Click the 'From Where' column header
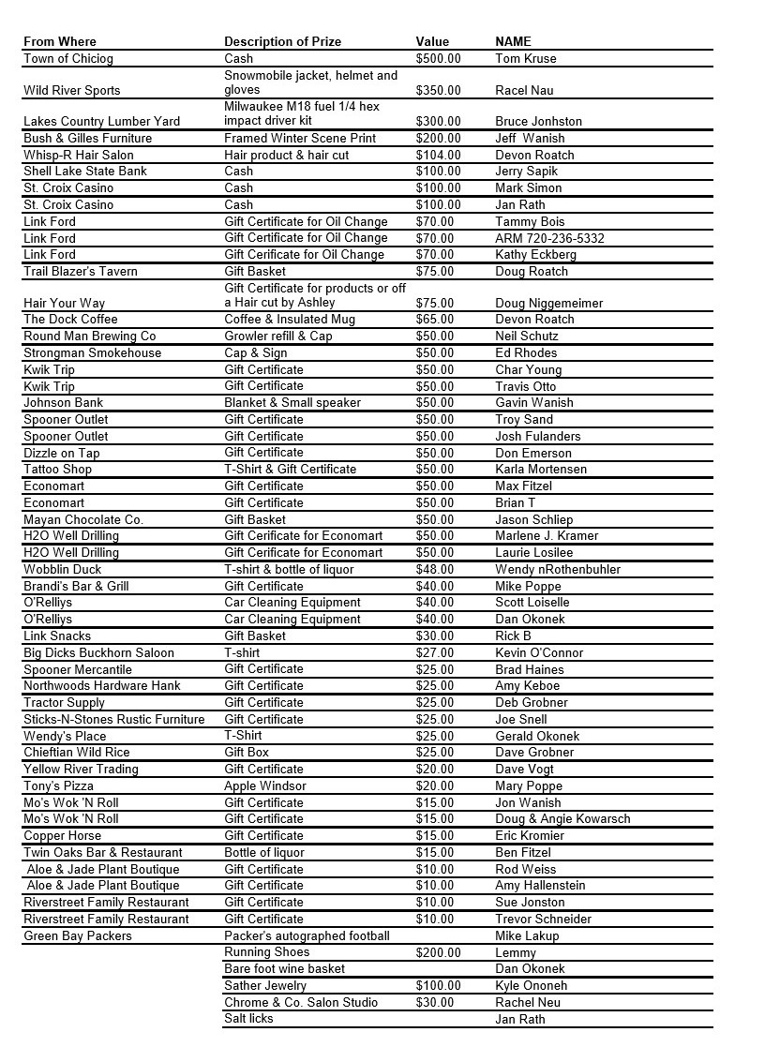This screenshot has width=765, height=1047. coord(60,41)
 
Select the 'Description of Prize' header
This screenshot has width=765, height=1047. coord(282,41)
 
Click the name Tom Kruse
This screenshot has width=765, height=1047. coord(525,58)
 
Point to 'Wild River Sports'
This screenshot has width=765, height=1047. coord(72,91)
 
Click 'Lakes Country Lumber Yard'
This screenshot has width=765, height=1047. coord(101,122)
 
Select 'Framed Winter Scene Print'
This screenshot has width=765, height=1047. coord(300,139)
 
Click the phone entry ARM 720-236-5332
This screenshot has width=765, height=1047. coord(549,238)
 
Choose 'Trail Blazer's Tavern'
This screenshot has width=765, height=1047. coord(81,272)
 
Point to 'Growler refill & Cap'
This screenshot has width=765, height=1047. coord(278,336)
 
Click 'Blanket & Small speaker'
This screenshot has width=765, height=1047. coord(292,402)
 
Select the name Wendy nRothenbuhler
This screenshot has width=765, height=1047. coord(558,569)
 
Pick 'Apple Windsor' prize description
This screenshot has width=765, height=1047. coord(265,785)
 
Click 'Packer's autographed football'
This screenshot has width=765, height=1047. coord(307,935)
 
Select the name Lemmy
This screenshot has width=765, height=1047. coord(516,952)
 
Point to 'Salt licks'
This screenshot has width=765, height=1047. coord(248,1019)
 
